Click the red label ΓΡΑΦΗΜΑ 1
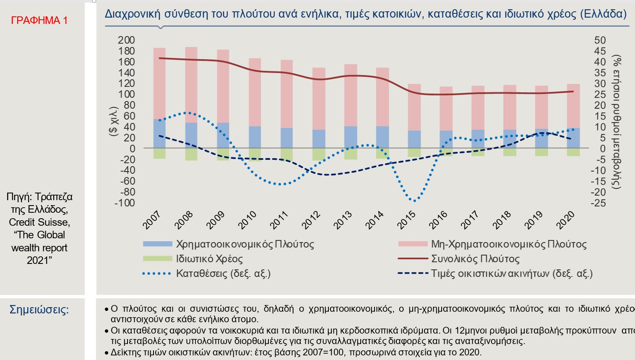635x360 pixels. [39, 20]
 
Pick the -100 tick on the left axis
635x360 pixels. [125, 203]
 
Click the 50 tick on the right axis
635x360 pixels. [600, 40]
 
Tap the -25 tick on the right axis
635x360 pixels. [599, 203]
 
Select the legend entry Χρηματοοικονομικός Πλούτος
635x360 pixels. [245, 244]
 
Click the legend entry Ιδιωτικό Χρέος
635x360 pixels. [209, 259]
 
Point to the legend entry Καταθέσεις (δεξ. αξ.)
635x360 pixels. [223, 274]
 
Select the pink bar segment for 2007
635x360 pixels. [159, 84]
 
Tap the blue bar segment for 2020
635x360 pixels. [573, 138]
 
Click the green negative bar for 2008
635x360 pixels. [191, 154]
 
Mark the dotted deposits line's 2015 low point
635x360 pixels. [414, 201]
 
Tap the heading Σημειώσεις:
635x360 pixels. [39, 310]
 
